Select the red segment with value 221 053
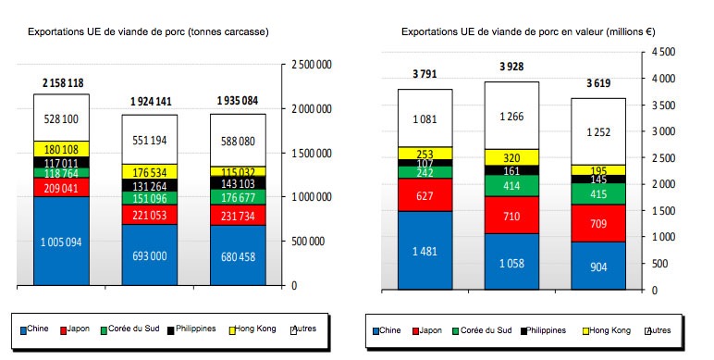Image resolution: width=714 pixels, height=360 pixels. [151, 215]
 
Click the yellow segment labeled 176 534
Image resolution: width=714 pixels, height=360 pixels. [151, 171]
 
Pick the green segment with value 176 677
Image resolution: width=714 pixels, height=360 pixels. [239, 196]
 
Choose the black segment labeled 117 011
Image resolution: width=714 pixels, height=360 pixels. [62, 162]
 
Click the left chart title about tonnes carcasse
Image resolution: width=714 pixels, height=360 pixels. [148, 31]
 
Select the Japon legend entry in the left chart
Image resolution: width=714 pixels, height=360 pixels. [80, 329]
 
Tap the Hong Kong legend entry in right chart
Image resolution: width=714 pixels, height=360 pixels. [609, 329]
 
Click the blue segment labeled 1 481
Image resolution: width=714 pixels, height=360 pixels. [425, 250]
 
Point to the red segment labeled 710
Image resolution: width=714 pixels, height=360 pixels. [512, 215]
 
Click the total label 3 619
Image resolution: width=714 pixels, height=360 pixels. [599, 83]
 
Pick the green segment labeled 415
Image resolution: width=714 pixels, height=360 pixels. [599, 194]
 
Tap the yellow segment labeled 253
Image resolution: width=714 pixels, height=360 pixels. [425, 154]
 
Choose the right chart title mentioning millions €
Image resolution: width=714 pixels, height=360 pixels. [528, 31]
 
